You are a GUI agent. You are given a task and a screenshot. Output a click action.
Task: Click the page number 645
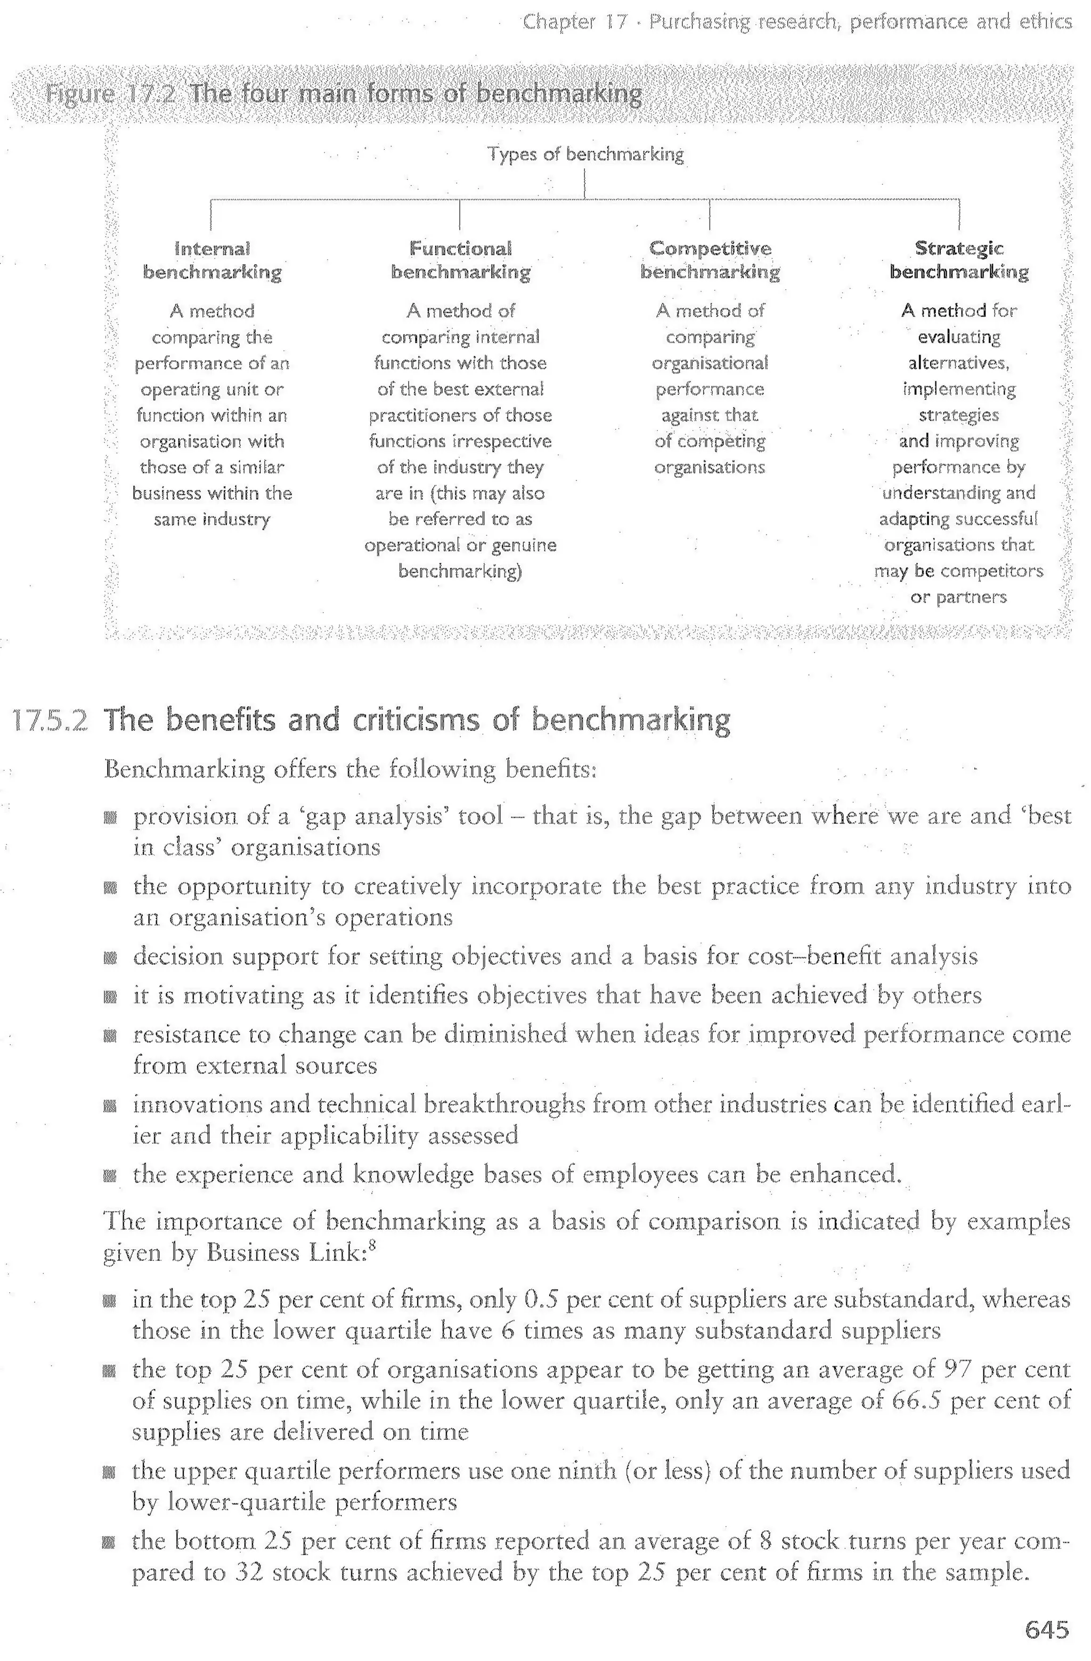click(x=1046, y=1630)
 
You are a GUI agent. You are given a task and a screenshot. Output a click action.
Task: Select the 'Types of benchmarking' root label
click(x=585, y=154)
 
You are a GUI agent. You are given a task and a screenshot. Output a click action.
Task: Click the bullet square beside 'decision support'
click(x=110, y=957)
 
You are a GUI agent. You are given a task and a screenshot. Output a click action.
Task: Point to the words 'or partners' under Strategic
click(x=958, y=597)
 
